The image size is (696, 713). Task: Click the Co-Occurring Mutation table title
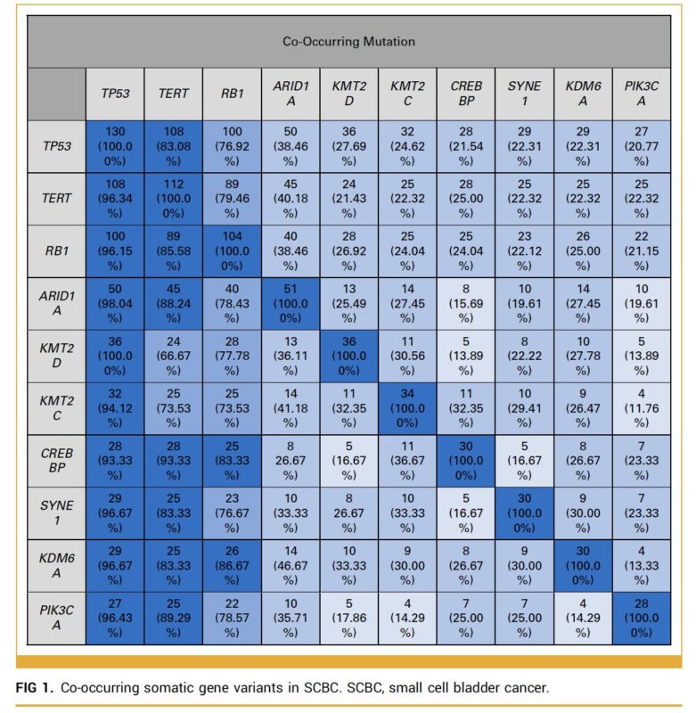(x=348, y=41)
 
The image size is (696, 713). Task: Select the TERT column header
(x=173, y=93)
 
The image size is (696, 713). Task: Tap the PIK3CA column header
(x=640, y=93)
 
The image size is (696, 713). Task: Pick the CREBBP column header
(x=465, y=93)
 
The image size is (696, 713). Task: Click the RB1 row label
(x=57, y=251)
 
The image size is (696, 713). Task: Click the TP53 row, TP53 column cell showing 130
(x=115, y=146)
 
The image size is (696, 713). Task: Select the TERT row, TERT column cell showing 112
(x=173, y=199)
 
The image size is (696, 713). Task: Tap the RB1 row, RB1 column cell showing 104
(x=232, y=251)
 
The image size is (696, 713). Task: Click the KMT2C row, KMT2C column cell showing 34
(x=406, y=407)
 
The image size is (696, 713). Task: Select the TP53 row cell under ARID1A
(x=290, y=146)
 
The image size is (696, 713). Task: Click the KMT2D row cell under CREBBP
(x=465, y=356)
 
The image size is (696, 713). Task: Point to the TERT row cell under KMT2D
(x=348, y=199)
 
